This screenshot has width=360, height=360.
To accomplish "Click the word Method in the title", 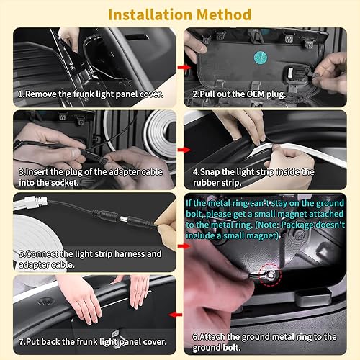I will pyautogui.click(x=223, y=14).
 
